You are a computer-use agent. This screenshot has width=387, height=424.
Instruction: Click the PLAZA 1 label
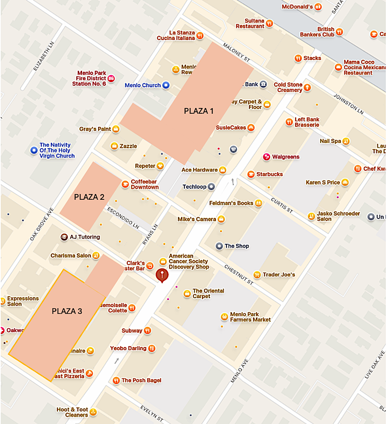tap(198, 111)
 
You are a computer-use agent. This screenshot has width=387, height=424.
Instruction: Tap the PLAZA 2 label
tap(89, 197)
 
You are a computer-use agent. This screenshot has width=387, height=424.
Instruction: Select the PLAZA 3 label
tap(67, 311)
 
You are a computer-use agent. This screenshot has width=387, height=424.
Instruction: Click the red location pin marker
tap(162, 276)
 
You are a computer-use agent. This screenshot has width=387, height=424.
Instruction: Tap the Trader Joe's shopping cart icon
tap(257, 274)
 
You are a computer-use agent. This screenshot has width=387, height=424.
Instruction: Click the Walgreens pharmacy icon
tap(266, 157)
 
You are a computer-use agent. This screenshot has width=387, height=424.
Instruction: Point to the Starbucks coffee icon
tap(251, 174)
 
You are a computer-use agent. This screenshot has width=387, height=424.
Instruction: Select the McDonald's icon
tap(318, 7)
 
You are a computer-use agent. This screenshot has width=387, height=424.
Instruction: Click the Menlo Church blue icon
tap(166, 85)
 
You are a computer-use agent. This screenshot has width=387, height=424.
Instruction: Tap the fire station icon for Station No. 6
tap(111, 79)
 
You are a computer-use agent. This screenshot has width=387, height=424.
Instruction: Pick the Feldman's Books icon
tap(259, 203)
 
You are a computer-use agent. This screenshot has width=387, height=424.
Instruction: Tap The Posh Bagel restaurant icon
tap(116, 380)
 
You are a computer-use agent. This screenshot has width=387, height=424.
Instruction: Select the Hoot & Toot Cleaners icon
tap(93, 412)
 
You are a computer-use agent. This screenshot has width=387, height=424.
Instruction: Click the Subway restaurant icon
tap(147, 331)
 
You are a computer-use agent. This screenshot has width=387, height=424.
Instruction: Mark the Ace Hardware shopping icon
tap(223, 170)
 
